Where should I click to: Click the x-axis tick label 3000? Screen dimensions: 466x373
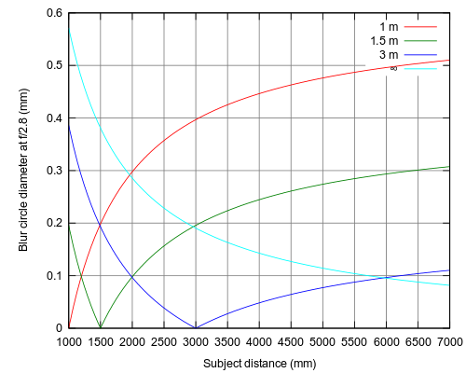196,342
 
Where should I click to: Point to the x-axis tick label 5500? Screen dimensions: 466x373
354,342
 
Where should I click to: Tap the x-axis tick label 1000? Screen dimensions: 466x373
69,342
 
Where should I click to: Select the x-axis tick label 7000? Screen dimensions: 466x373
449,342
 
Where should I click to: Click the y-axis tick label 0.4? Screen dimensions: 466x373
54,118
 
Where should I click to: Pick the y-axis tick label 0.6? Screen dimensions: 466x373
54,13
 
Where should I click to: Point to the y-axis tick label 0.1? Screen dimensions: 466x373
54,276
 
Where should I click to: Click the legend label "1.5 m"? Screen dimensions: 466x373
384,41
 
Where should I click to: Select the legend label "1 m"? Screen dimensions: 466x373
389,27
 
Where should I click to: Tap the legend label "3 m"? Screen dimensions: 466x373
389,55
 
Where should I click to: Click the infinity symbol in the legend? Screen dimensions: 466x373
393,68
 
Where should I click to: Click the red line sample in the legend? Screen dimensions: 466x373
420,27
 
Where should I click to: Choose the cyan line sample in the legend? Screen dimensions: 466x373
420,68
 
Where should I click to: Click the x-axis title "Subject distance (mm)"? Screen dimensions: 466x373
260,364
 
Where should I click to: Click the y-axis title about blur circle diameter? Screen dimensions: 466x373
23,170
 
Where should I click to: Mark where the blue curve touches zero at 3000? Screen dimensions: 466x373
196,328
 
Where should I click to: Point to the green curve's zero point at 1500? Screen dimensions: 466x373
101,327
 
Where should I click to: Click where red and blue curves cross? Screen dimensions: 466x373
100,225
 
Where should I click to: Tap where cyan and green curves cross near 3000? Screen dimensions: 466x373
193,227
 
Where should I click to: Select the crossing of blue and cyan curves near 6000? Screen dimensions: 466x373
380,277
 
